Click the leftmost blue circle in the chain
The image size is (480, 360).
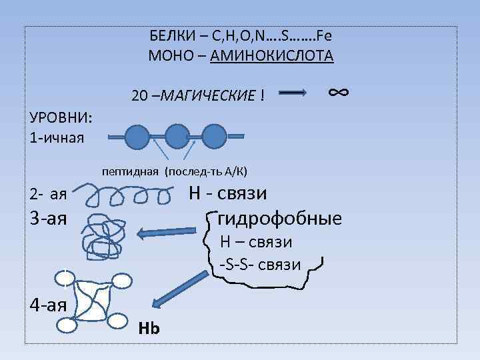coord(137,136)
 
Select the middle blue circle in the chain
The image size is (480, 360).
coord(177,136)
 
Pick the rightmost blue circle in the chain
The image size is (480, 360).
coord(214,136)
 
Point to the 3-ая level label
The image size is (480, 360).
coord(49,218)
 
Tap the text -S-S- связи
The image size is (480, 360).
coord(260,265)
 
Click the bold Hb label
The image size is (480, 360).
coord(149,329)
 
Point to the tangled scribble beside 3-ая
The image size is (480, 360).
coord(104,233)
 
